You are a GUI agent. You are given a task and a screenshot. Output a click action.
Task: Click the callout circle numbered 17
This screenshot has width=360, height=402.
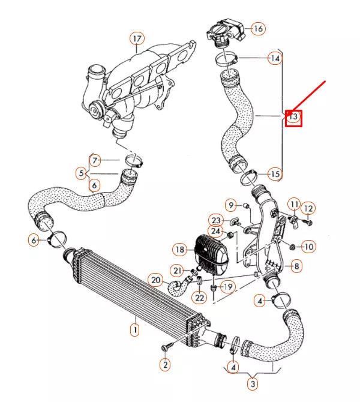(x=137, y=40)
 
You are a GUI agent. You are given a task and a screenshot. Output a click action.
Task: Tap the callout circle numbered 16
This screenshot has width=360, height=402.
(x=257, y=28)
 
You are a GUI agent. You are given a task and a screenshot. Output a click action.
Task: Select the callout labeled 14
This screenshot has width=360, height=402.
(x=275, y=59)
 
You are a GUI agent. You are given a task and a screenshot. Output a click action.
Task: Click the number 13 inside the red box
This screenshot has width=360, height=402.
(x=293, y=117)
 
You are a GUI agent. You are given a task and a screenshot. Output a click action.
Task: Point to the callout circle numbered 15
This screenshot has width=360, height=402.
(x=274, y=174)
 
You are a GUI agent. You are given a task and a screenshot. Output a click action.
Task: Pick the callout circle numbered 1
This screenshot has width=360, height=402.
(x=135, y=329)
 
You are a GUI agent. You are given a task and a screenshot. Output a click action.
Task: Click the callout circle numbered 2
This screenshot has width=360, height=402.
(x=164, y=364)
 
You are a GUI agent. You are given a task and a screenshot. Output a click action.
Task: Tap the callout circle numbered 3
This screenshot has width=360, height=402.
(x=253, y=383)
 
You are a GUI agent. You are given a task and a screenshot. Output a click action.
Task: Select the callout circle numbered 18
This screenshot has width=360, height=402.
(x=179, y=249)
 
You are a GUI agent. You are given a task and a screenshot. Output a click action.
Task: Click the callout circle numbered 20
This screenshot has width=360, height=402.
(x=155, y=280)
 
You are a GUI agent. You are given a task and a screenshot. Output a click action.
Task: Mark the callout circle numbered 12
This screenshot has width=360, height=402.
(x=308, y=208)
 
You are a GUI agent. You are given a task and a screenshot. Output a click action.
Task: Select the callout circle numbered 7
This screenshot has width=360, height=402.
(x=97, y=160)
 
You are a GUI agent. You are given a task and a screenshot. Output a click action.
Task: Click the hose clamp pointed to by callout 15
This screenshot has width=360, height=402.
(x=247, y=176)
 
